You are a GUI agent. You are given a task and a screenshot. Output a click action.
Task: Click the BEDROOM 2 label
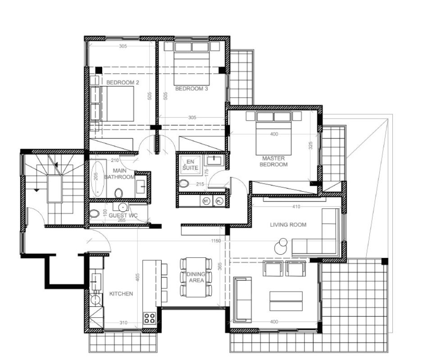(123, 83)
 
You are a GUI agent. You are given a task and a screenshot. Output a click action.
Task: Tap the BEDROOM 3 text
(191, 89)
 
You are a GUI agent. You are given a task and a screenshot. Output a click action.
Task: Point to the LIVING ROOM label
(288, 225)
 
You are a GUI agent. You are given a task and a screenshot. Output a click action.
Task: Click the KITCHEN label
(121, 294)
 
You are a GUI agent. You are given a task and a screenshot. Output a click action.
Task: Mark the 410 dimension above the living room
(296, 207)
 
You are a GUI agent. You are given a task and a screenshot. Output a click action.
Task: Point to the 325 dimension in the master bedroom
(310, 146)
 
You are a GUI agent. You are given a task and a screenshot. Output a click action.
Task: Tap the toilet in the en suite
(184, 184)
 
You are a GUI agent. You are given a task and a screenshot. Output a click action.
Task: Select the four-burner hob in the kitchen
(150, 318)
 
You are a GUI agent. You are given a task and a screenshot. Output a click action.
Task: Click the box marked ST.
(207, 201)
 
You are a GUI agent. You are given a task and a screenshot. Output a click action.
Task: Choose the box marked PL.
(219, 201)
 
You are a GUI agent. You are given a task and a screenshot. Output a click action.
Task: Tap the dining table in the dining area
(196, 277)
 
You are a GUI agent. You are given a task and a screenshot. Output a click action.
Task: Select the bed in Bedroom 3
(191, 63)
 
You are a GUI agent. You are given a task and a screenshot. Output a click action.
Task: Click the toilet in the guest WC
(94, 213)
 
